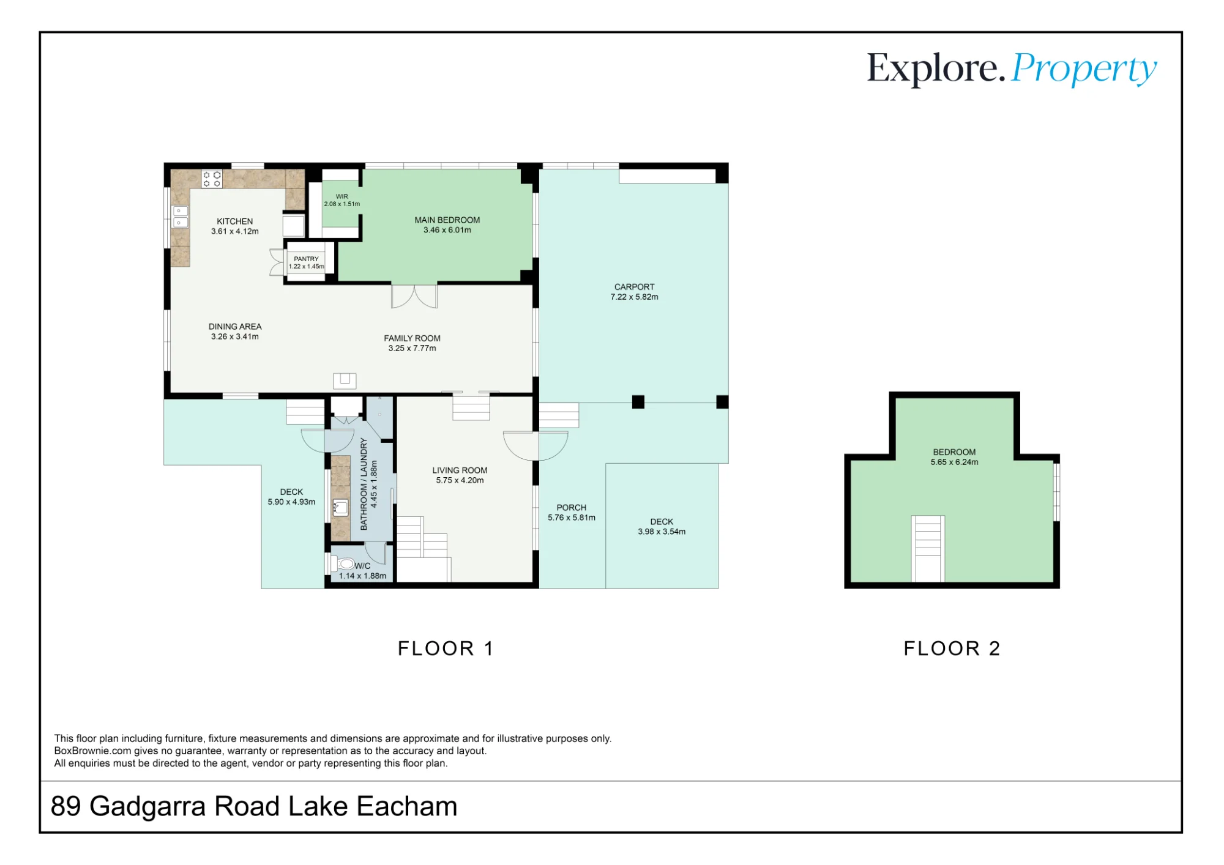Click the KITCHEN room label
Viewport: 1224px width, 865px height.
[x=234, y=221]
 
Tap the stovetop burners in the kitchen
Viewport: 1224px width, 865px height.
[x=212, y=179]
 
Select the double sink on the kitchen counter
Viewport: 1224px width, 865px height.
[x=180, y=217]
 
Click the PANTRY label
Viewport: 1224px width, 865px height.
[x=306, y=259]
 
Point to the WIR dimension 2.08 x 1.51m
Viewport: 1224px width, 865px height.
[x=342, y=204]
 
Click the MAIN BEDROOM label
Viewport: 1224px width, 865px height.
[x=447, y=220]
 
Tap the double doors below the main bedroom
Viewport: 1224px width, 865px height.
[x=414, y=296]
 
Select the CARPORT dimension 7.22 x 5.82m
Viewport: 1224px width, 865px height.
[x=634, y=297]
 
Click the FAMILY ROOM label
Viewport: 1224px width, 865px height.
[x=412, y=338]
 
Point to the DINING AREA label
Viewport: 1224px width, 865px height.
[x=235, y=327]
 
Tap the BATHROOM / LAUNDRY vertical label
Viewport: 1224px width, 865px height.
[x=364, y=484]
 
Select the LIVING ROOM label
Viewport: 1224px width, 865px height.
[x=460, y=470]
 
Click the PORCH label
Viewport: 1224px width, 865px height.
[x=572, y=508]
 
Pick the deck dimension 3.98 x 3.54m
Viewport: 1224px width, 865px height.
[x=662, y=532]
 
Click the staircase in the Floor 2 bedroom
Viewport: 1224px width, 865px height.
[x=928, y=549]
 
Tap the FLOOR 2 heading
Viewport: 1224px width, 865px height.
[x=952, y=648]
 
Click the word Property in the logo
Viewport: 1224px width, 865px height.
[x=1084, y=69]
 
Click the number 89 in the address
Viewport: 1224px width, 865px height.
[x=66, y=806]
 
